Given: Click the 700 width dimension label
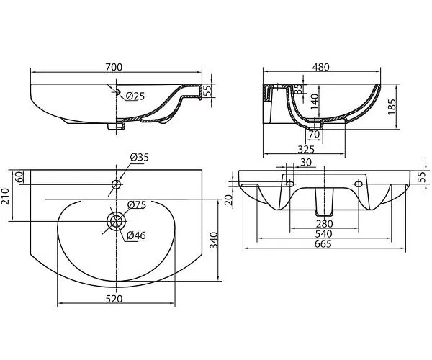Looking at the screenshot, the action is [114, 67].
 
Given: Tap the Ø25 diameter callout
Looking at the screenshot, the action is [135, 96].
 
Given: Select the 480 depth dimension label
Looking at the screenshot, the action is [321, 67].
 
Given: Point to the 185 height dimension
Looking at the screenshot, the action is [392, 107].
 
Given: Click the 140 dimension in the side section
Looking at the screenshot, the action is [315, 102].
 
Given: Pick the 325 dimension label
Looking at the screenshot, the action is [306, 149].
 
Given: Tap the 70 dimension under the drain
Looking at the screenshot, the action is [314, 134].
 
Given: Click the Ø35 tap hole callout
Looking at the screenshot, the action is [140, 157].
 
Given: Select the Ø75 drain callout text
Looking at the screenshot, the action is [136, 205].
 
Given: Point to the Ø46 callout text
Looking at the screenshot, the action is [136, 235].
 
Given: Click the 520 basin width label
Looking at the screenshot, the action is [114, 299].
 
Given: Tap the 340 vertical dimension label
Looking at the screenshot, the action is [214, 240].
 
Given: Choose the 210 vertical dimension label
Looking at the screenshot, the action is [5, 197].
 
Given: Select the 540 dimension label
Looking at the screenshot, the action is [323, 234].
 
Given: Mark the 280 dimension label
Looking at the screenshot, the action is [325, 224].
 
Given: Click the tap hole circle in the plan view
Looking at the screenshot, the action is [117, 184].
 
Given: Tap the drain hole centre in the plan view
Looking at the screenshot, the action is [117, 221].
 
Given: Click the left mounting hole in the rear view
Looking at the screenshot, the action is [290, 183].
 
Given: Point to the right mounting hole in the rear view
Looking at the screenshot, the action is [359, 183].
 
